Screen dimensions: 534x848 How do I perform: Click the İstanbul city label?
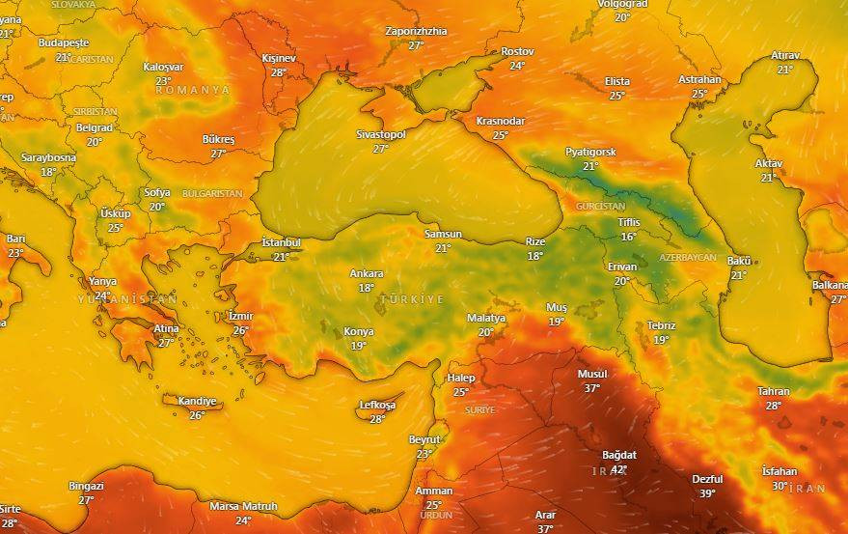coord(282,242)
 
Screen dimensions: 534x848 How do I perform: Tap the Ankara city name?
coord(367,273)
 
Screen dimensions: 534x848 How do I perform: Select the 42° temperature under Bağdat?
coord(618,469)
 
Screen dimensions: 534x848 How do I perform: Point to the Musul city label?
coord(592,374)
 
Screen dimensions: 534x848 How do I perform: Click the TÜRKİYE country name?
coord(412,299)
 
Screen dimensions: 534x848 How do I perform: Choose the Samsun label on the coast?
coord(443,235)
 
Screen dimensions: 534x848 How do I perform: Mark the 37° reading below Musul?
coord(591,388)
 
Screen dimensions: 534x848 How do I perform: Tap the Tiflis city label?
coord(629,223)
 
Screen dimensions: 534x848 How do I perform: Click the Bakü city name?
coord(739,262)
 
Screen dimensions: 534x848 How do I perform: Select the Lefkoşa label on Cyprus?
coord(377,405)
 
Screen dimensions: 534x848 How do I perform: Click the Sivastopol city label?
coord(380,135)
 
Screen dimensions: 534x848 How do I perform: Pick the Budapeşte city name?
coord(64,43)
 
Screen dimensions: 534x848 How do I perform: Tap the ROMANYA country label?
coord(193,90)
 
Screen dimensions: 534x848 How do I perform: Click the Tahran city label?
coord(774,391)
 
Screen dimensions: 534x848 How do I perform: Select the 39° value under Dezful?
coord(707,493)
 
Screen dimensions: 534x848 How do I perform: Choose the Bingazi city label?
coord(86,486)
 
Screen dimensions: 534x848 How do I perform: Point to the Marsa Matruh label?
coord(243,506)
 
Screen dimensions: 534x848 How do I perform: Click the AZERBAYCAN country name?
coord(688,258)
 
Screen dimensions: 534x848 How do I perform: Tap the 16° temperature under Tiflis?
coord(629,237)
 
